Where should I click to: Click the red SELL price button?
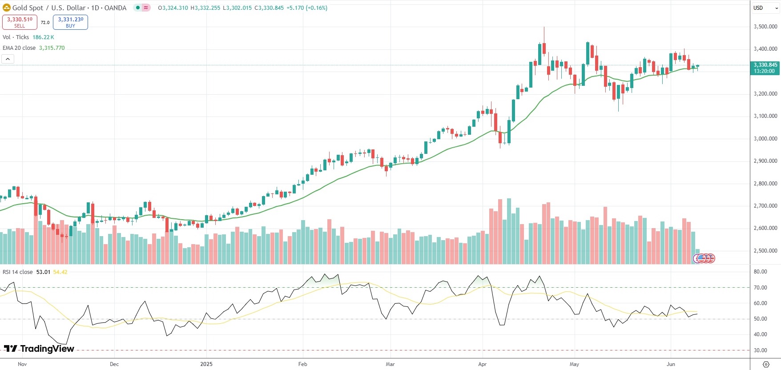(x=20, y=22)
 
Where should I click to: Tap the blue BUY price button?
(x=70, y=22)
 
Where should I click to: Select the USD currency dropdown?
(x=765, y=8)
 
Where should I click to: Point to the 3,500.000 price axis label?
(x=765, y=27)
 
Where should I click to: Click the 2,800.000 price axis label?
(x=765, y=184)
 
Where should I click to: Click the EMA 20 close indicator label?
(x=19, y=48)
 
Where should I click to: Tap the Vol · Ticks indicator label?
(x=16, y=37)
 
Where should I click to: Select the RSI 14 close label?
(x=18, y=272)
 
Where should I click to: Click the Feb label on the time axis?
(x=302, y=364)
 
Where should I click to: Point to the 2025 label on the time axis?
(x=206, y=364)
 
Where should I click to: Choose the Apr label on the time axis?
(x=482, y=364)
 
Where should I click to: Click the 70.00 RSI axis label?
(x=760, y=288)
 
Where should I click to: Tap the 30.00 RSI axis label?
(x=760, y=350)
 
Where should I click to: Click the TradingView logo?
(x=39, y=349)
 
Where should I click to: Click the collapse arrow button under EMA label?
(x=8, y=59)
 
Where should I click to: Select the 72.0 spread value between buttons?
(x=45, y=23)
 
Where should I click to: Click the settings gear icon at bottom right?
(x=766, y=364)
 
